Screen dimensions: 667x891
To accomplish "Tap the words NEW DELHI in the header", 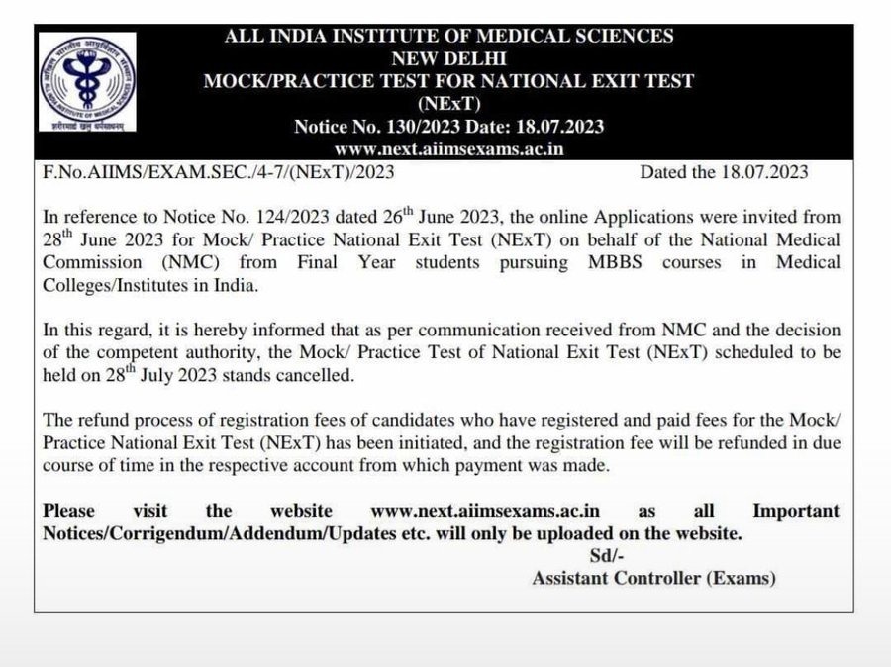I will pos(448,57).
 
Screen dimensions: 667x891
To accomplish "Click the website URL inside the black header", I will pos(448,149).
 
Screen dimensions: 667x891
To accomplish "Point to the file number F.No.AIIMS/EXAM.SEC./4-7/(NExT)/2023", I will pos(219,173).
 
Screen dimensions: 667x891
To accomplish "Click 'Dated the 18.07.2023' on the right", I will pos(724,173).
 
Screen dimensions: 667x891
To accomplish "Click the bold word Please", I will pos(69,511).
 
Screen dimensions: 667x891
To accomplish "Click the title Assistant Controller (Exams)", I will pos(653,579).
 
